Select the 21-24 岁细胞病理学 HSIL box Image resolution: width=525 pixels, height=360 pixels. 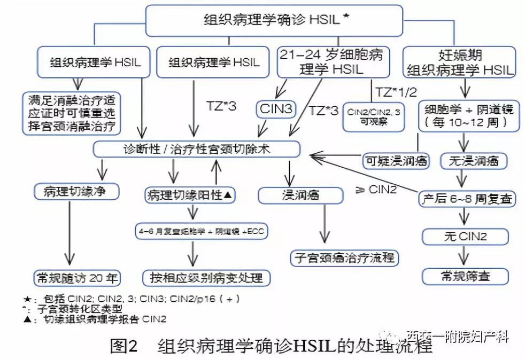pyautogui.click(x=332, y=62)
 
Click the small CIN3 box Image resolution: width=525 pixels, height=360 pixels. pyautogui.click(x=276, y=109)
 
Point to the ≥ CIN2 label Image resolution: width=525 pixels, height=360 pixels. pyautogui.click(x=376, y=189)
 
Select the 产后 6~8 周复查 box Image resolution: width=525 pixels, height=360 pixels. pyautogui.click(x=467, y=199)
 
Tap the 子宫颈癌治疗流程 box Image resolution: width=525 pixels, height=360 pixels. pyautogui.click(x=345, y=258)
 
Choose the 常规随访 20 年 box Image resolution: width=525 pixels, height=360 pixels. pyautogui.click(x=75, y=278)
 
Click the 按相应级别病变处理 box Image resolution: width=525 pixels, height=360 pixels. pyautogui.click(x=206, y=278)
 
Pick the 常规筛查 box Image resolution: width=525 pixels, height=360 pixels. pyautogui.click(x=465, y=276)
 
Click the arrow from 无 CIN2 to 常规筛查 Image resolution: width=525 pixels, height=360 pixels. pyautogui.click(x=464, y=255)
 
